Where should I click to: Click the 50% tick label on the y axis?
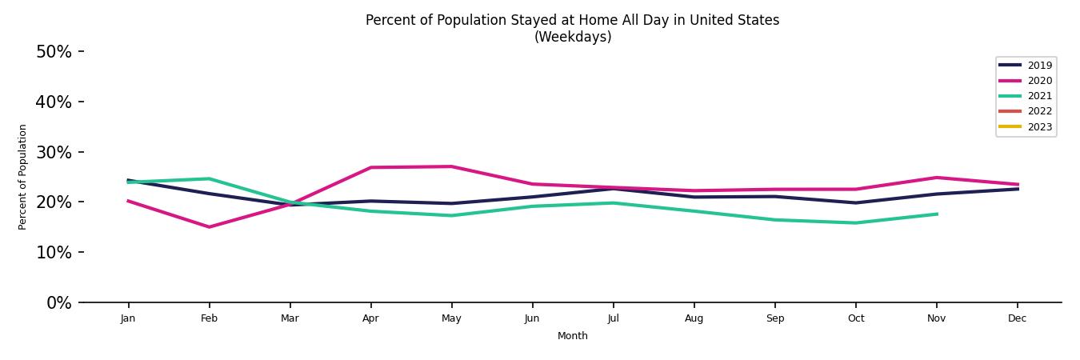coord(54,52)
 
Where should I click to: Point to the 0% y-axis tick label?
coord(58,303)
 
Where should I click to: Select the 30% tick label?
coord(54,152)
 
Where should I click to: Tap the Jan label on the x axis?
coord(128,318)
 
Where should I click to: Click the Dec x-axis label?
coord(1017,318)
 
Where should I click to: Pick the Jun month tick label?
coord(532,318)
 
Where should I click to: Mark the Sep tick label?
coord(774,318)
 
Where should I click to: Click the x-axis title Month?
coord(573,336)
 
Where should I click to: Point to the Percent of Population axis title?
coord(23,177)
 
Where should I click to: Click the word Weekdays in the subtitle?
coord(573,37)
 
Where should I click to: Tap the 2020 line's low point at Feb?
coord(209,227)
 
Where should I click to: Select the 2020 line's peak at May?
coord(451,166)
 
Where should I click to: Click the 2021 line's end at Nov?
coord(936,214)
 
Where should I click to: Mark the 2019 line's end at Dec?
coord(1017,189)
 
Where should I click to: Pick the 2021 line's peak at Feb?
coord(209,178)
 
